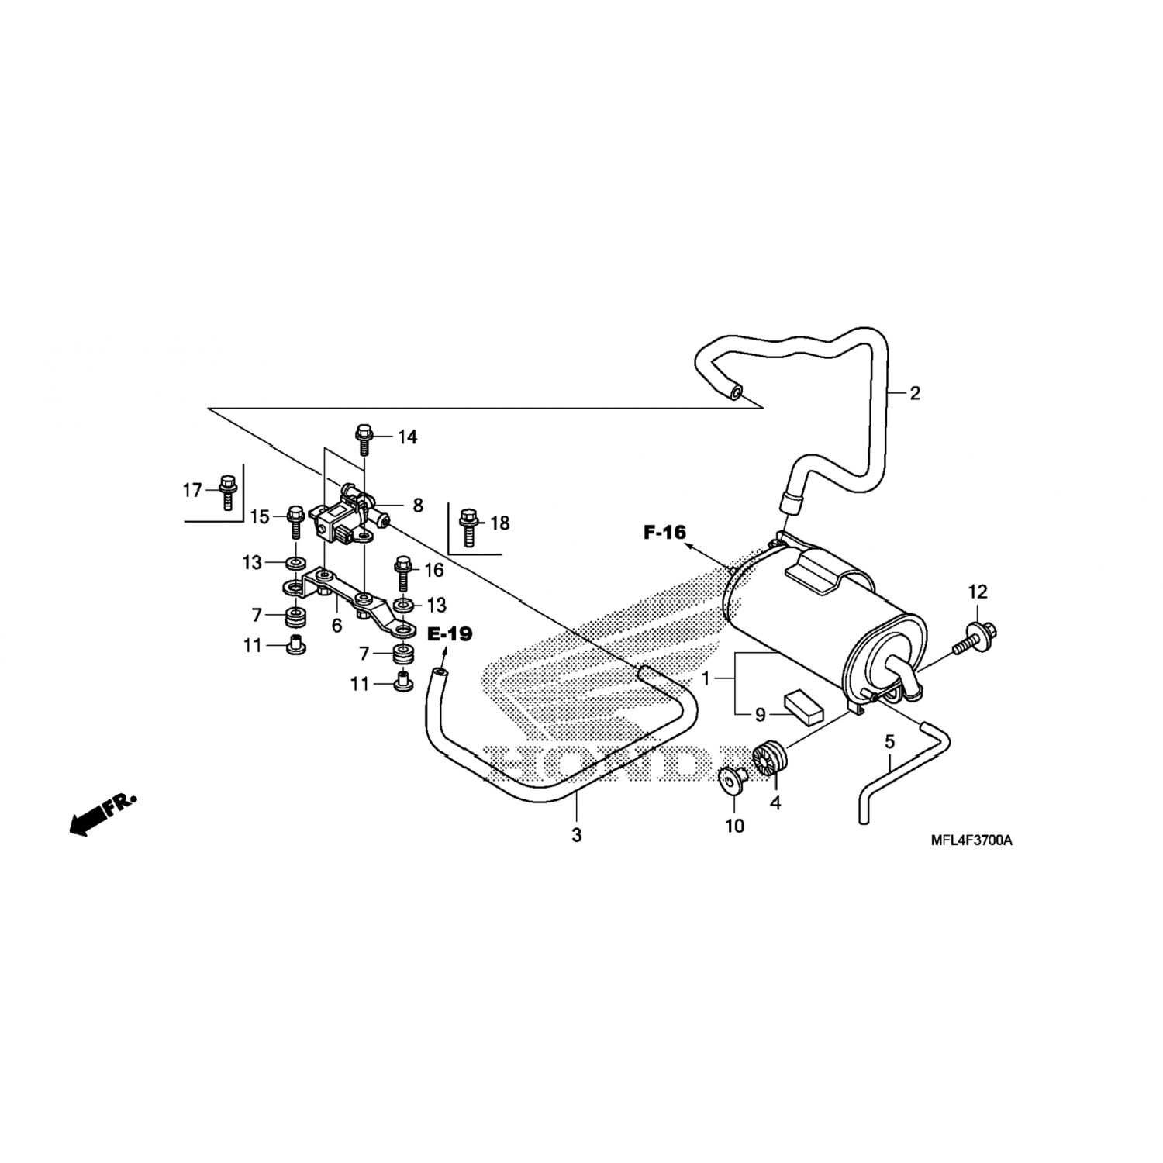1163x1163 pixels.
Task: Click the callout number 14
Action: [x=407, y=437]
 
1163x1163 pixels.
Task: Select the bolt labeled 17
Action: [x=227, y=492]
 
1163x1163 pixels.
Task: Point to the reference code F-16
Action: [x=664, y=532]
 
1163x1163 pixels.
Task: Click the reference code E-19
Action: [x=450, y=634]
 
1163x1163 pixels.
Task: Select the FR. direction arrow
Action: [x=101, y=814]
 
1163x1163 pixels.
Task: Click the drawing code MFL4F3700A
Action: [x=972, y=840]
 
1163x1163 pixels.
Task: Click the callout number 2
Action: [x=915, y=393]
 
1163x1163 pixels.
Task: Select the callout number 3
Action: [x=576, y=835]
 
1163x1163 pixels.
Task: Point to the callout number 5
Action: [x=889, y=742]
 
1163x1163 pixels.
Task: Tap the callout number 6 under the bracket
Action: [x=336, y=625]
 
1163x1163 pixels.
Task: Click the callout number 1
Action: [x=706, y=678]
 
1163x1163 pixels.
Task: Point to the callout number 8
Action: [x=418, y=506]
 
